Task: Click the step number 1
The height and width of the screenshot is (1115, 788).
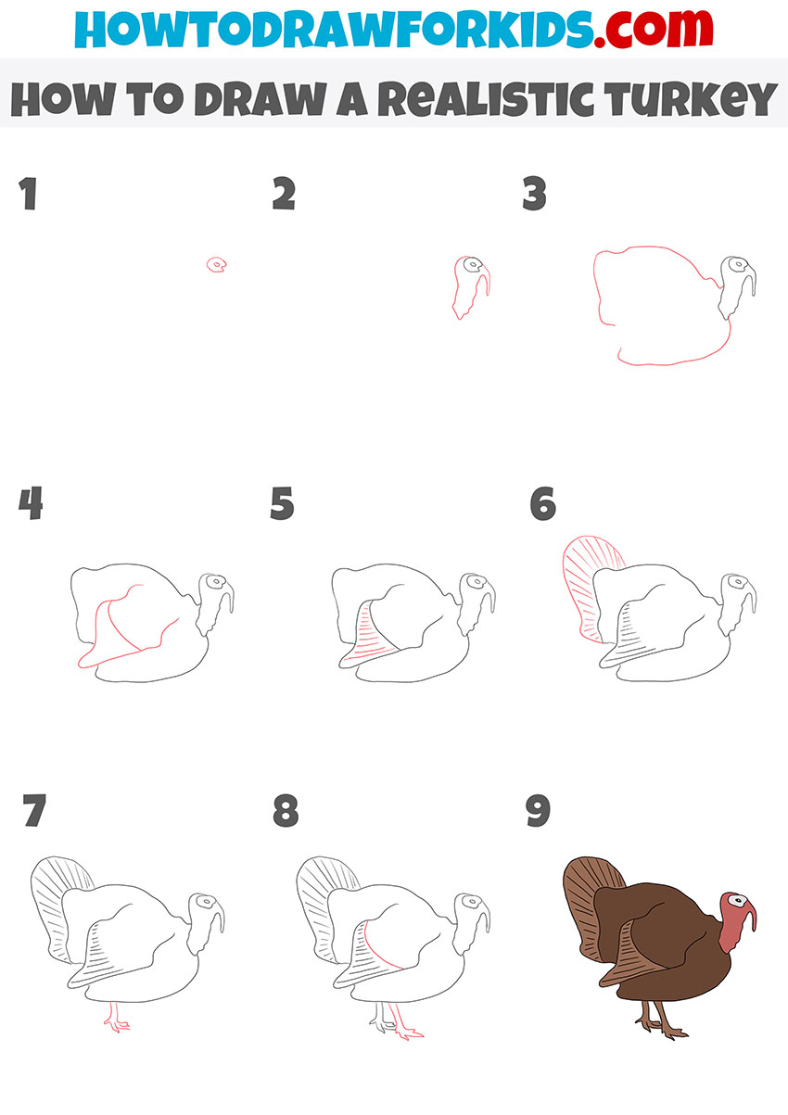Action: pyautogui.click(x=29, y=196)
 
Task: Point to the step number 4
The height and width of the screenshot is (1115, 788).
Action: pyautogui.click(x=30, y=505)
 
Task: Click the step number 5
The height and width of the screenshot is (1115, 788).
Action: pyautogui.click(x=283, y=505)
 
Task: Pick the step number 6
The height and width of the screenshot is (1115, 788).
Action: pyautogui.click(x=542, y=505)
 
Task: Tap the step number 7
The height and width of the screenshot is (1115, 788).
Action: pyautogui.click(x=33, y=811)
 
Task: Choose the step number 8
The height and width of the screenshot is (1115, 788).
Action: pyautogui.click(x=286, y=811)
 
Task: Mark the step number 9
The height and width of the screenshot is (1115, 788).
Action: pyautogui.click(x=538, y=811)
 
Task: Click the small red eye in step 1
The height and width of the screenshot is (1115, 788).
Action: pyautogui.click(x=217, y=266)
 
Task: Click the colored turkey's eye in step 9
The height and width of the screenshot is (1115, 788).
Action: pyautogui.click(x=737, y=899)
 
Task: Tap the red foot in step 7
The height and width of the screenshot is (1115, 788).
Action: pyautogui.click(x=116, y=1022)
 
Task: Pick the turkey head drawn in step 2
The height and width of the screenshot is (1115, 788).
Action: pyautogui.click(x=471, y=283)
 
